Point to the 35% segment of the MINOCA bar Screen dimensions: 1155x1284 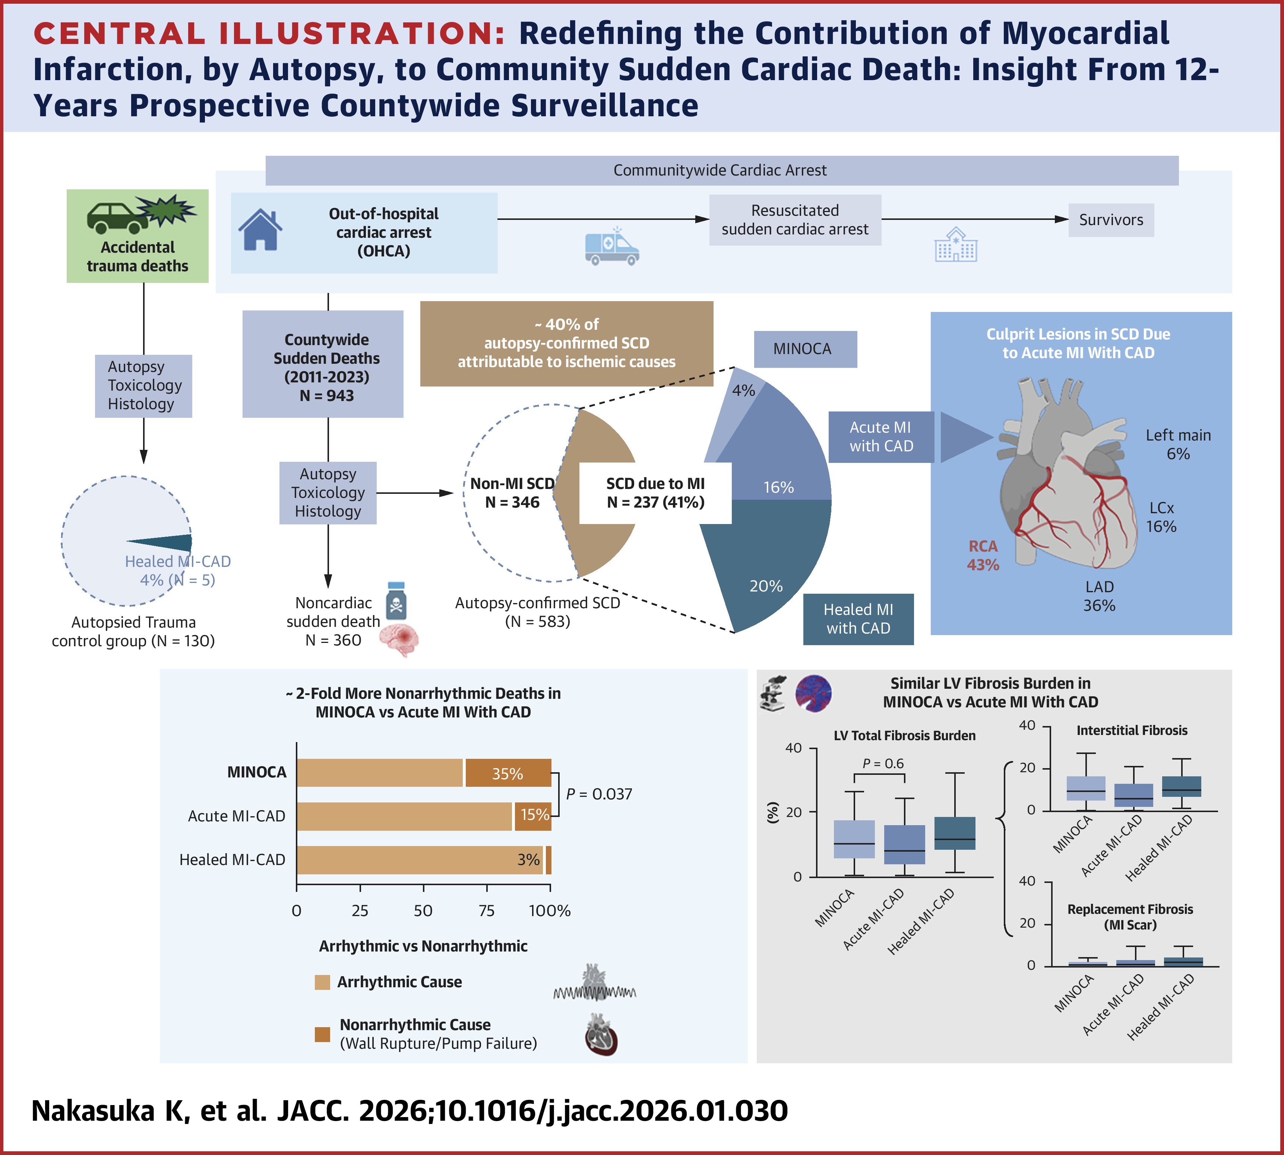[x=507, y=773]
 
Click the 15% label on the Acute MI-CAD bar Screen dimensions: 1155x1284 [x=534, y=815]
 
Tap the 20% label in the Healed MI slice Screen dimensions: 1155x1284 [x=766, y=586]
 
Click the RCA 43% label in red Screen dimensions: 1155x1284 [x=983, y=555]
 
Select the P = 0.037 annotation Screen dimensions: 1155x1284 [x=599, y=794]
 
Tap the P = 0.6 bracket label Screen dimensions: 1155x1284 [x=883, y=763]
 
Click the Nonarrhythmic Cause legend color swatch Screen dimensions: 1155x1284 [x=322, y=1034]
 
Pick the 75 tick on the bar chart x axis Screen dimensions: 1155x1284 [x=486, y=911]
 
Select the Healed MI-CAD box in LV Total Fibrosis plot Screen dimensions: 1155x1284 [x=955, y=833]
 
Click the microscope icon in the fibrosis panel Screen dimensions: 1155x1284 [x=773, y=693]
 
